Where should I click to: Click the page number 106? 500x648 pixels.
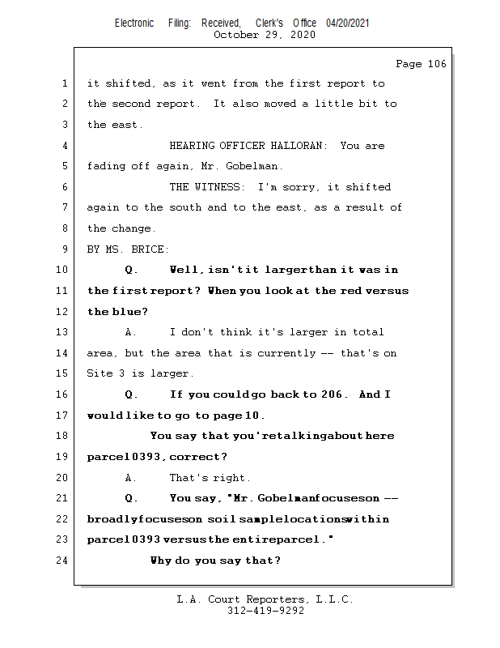421,64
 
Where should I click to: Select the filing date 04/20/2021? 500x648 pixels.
348,23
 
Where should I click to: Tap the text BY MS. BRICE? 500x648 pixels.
128,249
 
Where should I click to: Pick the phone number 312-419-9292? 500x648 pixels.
265,611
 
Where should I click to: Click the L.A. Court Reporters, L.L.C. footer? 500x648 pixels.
265,599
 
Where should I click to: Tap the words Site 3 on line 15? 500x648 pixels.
108,373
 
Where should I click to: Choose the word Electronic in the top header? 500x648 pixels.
134,23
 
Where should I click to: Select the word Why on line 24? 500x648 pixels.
161,561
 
